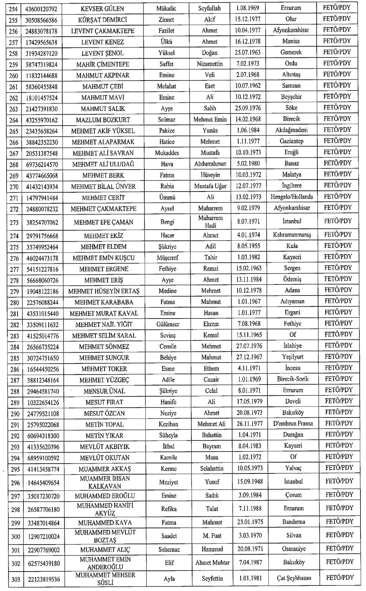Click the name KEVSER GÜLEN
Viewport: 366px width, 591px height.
(102, 8)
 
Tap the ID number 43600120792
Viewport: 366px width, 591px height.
(41, 8)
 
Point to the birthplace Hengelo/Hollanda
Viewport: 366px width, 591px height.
(292, 197)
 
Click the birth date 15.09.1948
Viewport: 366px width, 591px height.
(250, 482)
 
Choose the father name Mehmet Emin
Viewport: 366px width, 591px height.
(210, 119)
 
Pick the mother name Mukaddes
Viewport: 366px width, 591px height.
(167, 153)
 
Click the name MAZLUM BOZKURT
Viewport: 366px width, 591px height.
(103, 120)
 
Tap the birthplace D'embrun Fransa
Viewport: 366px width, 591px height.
(293, 423)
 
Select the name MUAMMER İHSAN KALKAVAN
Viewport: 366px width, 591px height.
(105, 482)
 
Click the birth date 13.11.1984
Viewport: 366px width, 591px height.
(249, 279)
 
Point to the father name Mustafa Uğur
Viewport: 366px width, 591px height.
(210, 186)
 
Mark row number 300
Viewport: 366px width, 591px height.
(15, 536)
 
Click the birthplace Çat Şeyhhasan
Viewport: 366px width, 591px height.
(294, 578)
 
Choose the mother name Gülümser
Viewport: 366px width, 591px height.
(168, 324)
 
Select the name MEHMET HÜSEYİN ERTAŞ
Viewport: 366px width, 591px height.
(104, 291)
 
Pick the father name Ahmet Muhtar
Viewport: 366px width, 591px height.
(212, 562)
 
